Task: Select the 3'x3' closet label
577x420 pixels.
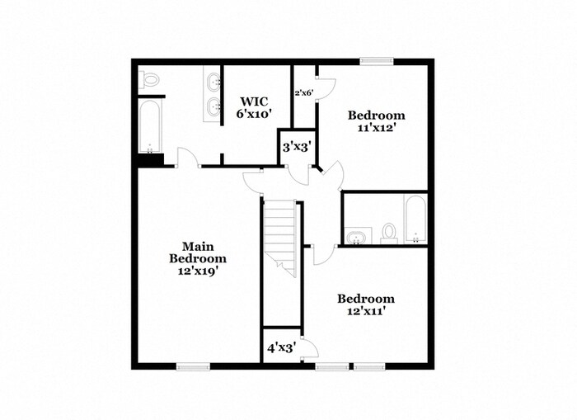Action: click(296, 148)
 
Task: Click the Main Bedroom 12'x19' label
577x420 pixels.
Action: click(198, 257)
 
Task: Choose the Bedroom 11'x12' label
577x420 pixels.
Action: click(376, 121)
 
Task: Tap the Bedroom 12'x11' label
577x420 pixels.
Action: click(365, 304)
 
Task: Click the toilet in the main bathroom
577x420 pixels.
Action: click(149, 79)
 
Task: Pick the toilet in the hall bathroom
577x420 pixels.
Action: click(389, 232)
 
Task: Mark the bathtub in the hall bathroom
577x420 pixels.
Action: click(415, 219)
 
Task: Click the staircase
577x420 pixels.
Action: click(279, 235)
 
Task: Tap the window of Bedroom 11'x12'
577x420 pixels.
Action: click(376, 59)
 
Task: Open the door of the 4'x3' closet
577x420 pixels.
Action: click(307, 349)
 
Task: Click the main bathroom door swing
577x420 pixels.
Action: click(187, 158)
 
